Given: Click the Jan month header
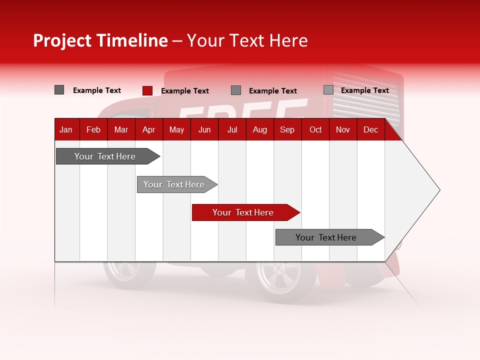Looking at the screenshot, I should click(66, 130).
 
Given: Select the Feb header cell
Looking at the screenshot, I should click(93, 130).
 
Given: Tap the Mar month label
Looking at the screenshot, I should click(121, 130).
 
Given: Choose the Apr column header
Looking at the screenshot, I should click(148, 130).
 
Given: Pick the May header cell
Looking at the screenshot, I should click(176, 130).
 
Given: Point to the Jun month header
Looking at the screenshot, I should click(204, 130).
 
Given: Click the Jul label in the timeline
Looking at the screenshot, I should click(232, 130).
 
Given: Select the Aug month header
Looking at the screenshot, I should click(260, 130).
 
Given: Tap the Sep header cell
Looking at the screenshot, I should click(287, 130).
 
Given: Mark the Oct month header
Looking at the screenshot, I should click(315, 130).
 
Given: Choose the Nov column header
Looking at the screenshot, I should click(343, 130).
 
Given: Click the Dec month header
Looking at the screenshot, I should click(371, 130).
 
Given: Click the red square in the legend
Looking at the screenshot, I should click(147, 90).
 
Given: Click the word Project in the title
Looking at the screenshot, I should click(62, 40).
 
